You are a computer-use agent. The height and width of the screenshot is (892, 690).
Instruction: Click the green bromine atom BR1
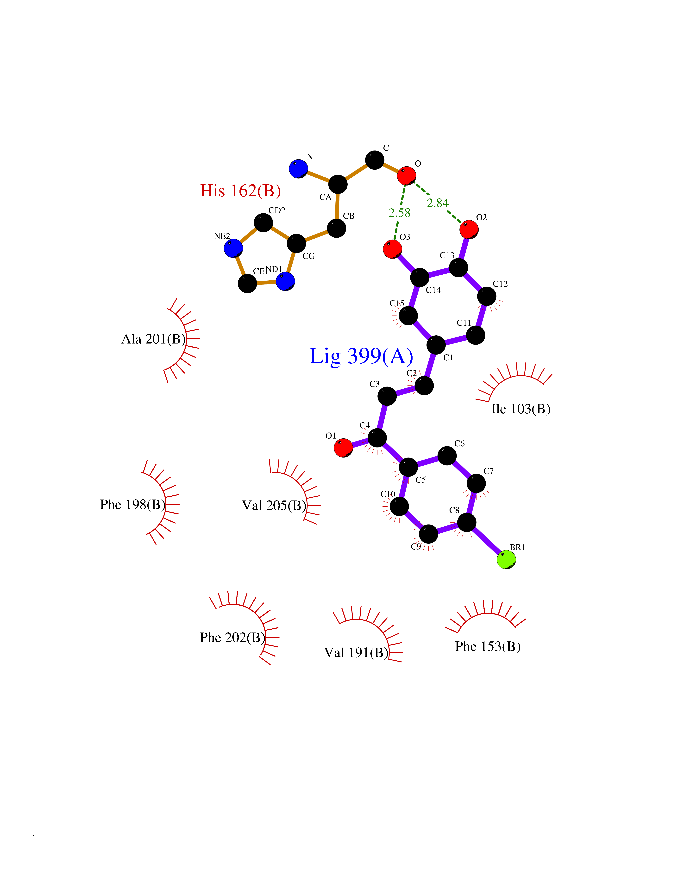[506, 560]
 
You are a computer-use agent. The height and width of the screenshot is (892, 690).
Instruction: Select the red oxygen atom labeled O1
[343, 448]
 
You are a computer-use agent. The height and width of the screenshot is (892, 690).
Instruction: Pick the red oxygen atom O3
[392, 249]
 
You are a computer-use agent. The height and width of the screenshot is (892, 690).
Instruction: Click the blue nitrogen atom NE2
[233, 248]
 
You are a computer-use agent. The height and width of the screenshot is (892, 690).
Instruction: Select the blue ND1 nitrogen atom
[285, 281]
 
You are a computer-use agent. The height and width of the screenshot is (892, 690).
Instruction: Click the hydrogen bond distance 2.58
[399, 213]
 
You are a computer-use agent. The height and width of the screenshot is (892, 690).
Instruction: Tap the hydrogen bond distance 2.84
[438, 203]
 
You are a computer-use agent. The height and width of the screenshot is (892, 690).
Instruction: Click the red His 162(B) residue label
[241, 191]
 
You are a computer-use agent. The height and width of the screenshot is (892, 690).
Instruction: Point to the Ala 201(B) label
[153, 339]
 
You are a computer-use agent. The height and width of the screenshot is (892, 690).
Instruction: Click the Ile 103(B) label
[521, 409]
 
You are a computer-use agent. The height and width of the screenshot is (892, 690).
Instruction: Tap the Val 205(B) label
[274, 506]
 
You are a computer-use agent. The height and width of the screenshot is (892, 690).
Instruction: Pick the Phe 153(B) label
[488, 646]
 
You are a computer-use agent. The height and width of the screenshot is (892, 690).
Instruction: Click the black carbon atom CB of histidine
[336, 228]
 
